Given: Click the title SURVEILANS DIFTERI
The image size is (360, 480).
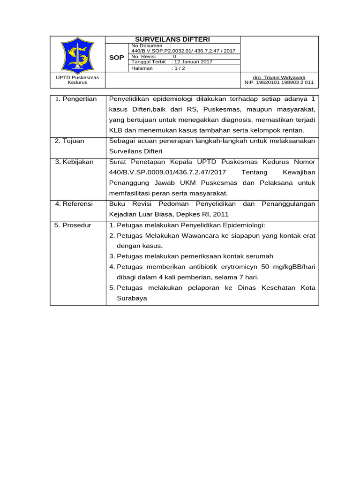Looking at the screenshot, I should click(x=172, y=40).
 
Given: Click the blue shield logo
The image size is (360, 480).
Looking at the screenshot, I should click(x=77, y=54).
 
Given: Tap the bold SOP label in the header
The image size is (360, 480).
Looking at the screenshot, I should click(x=117, y=58).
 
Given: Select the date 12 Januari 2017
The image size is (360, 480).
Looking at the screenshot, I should click(x=192, y=62).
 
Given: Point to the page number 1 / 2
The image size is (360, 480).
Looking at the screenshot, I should click(x=179, y=68).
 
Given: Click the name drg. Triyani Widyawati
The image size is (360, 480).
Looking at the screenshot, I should click(x=279, y=77).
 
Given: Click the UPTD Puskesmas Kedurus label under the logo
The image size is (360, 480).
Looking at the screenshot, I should click(x=77, y=80).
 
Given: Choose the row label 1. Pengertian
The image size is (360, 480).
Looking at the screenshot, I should click(x=75, y=99).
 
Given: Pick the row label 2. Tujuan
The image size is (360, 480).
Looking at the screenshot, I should click(x=70, y=141).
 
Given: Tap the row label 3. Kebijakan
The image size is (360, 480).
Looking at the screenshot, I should click(x=74, y=162).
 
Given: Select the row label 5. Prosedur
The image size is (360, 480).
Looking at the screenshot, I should click(x=73, y=225).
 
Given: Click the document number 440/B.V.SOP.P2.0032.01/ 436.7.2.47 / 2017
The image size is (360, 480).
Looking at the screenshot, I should click(x=184, y=51).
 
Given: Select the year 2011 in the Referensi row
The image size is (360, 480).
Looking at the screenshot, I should click(x=221, y=214).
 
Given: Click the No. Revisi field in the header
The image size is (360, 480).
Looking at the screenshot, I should click(x=143, y=56).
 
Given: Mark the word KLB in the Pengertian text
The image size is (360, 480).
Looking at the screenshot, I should click(x=116, y=130).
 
